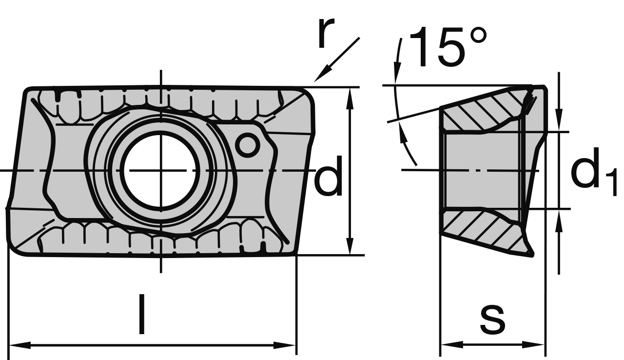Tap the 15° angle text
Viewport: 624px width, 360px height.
(448, 47)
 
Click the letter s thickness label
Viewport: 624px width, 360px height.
(492, 320)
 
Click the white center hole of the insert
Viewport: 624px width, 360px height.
(161, 170)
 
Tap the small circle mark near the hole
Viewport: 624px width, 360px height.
(248, 145)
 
